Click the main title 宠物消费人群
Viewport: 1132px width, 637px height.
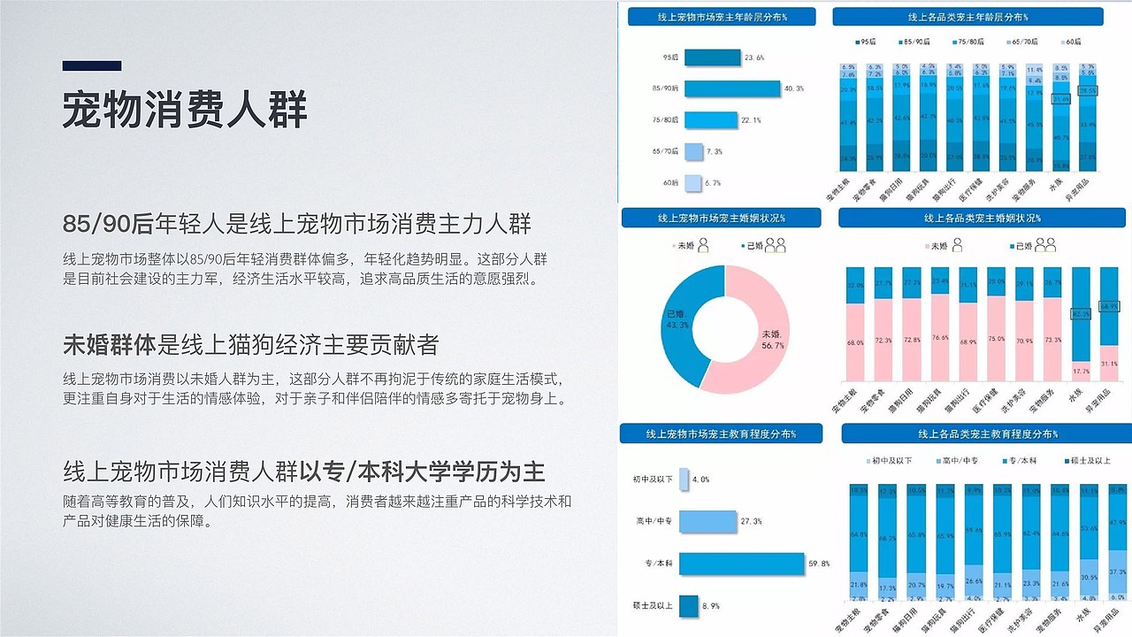(x=185, y=110)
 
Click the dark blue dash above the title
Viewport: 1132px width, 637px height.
(x=92, y=65)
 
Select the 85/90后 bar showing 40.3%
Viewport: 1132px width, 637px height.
(x=732, y=88)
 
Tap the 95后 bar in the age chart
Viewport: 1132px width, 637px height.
(x=713, y=58)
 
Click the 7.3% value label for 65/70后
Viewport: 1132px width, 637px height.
(x=715, y=152)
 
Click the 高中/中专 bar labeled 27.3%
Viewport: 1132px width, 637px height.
(x=707, y=522)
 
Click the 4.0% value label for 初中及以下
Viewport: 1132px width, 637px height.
(x=700, y=480)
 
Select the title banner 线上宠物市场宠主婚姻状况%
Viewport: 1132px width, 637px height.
(x=721, y=218)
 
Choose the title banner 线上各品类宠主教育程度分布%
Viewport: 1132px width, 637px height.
(x=987, y=434)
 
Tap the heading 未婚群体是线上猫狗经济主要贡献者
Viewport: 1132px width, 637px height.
(x=251, y=344)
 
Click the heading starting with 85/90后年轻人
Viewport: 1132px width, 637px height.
(x=297, y=224)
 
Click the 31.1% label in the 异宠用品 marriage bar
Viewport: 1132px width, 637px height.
(x=1110, y=364)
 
